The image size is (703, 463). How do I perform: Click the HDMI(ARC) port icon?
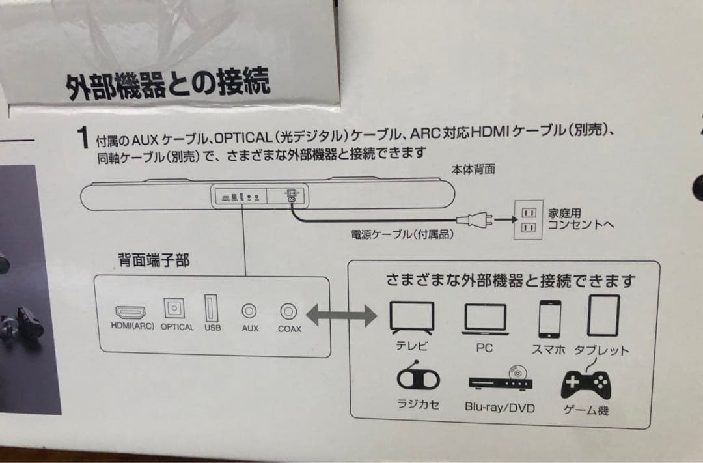click(131, 311)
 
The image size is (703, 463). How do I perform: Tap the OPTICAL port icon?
click(176, 309)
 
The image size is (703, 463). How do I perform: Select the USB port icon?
click(212, 308)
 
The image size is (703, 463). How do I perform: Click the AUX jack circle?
click(250, 312)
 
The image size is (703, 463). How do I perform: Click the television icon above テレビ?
click(411, 317)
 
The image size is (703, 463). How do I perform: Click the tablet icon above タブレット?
click(603, 316)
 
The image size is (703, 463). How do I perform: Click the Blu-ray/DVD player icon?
click(500, 379)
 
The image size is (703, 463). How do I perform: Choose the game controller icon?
click(586, 384)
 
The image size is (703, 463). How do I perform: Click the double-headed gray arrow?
click(342, 317)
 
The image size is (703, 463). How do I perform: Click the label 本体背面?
click(473, 169)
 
